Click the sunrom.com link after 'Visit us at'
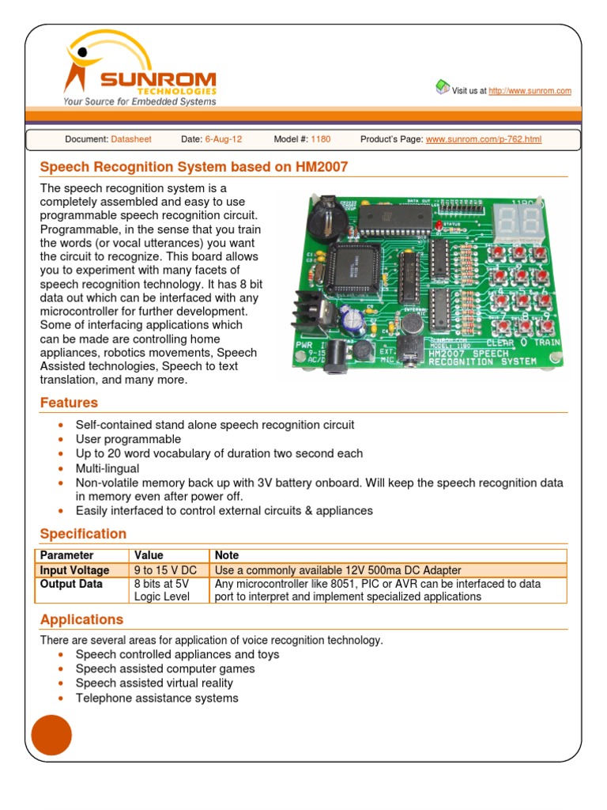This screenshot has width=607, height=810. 530,91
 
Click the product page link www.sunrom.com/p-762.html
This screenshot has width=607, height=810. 484,139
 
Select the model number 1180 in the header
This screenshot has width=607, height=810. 321,139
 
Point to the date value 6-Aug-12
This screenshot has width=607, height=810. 224,139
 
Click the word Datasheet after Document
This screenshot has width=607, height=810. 131,139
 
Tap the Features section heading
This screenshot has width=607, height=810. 70,403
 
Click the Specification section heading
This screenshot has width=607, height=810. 83,534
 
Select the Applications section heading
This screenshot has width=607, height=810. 81,619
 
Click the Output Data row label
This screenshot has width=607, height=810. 71,585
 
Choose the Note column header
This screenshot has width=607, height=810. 227,555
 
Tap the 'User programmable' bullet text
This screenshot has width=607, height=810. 128,439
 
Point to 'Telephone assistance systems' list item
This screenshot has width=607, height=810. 156,698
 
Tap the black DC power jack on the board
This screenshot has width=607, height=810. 340,351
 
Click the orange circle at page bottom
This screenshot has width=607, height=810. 51,736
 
